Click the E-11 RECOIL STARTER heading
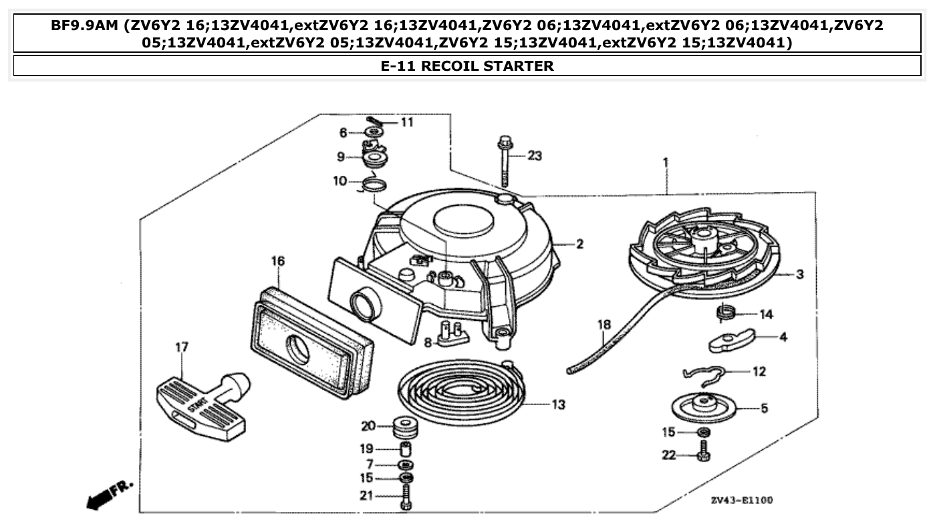tap(467, 66)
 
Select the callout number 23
tap(535, 156)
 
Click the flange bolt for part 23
tap(504, 160)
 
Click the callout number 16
tap(277, 260)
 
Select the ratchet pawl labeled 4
tap(730, 340)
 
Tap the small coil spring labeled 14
tap(724, 311)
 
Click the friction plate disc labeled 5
tap(703, 406)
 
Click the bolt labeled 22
tap(703, 455)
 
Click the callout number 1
tap(666, 162)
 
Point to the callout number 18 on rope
tap(604, 325)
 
